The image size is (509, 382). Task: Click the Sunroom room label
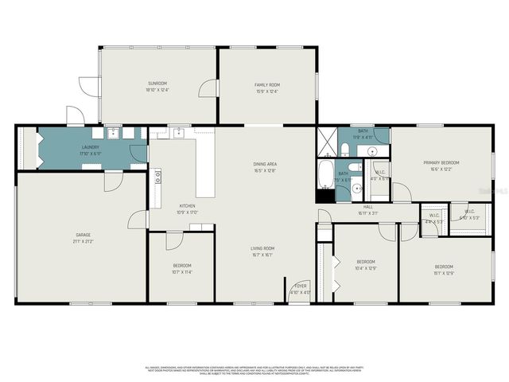[x=157, y=84]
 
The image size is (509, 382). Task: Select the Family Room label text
[x=267, y=84]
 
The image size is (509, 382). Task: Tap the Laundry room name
[x=91, y=147]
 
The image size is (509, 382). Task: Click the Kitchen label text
[x=186, y=206]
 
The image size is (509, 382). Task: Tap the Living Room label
[x=262, y=248]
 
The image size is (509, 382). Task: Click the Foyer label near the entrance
[x=301, y=286]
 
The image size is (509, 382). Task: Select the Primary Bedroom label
[x=441, y=162]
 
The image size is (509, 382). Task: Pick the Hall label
[x=368, y=207]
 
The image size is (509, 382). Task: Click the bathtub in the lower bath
[x=326, y=173]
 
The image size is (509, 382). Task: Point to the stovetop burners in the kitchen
[x=157, y=177]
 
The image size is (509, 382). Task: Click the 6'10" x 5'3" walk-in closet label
[x=465, y=217]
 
